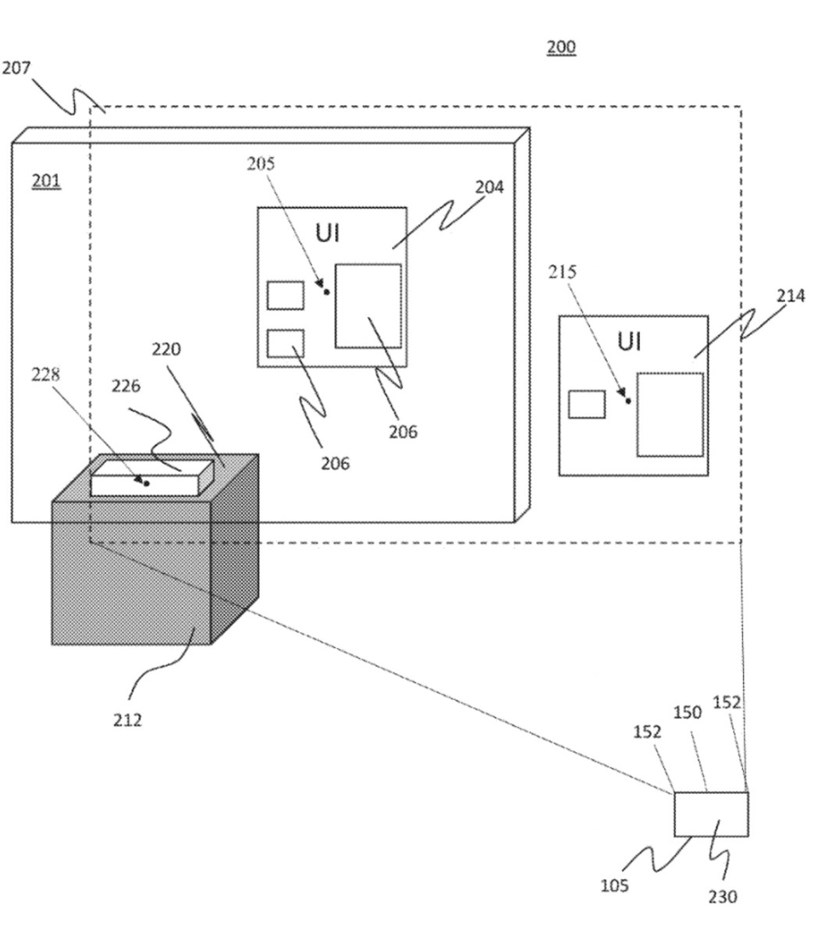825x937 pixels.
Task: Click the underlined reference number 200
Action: click(560, 47)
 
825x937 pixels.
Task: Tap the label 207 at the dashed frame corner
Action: click(16, 68)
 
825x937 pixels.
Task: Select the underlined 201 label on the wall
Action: click(45, 182)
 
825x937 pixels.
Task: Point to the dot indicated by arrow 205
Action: click(326, 292)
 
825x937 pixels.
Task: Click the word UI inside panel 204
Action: click(328, 233)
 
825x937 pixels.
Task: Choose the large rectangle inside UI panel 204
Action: click(368, 305)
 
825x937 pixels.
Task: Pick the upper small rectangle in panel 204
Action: click(286, 295)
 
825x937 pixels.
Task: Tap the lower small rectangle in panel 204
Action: click(286, 344)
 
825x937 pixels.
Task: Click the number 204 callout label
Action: click(489, 187)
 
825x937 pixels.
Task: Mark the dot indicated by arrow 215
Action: click(628, 401)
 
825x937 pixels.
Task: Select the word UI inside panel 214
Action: click(629, 342)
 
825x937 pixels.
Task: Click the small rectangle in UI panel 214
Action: click(586, 404)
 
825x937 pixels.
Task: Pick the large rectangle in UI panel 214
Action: click(670, 415)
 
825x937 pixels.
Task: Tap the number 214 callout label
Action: click(791, 295)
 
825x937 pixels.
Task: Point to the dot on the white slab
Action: click(146, 483)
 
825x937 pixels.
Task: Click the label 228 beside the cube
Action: click(44, 374)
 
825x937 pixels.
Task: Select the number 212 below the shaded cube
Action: click(127, 719)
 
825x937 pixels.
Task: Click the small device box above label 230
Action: click(711, 814)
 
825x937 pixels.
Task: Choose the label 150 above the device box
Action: click(688, 712)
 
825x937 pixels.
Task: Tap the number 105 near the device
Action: click(614, 885)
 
